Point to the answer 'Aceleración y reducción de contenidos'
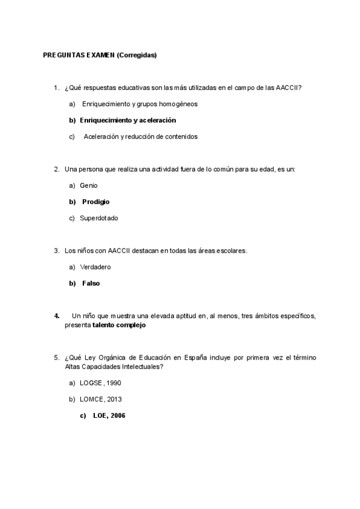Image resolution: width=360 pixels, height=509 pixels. [x=140, y=136]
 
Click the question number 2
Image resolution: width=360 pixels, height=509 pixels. [x=56, y=169]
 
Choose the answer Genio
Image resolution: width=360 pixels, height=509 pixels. [x=88, y=185]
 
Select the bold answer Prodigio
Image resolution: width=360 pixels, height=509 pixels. [x=96, y=202]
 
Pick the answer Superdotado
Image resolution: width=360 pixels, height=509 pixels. [x=99, y=218]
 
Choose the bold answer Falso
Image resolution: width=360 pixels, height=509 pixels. [x=91, y=283]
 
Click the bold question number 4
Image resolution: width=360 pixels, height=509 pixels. [x=56, y=315]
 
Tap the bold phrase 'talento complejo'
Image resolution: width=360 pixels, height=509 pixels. [x=119, y=325]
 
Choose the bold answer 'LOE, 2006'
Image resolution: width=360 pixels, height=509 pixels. [x=109, y=415]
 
